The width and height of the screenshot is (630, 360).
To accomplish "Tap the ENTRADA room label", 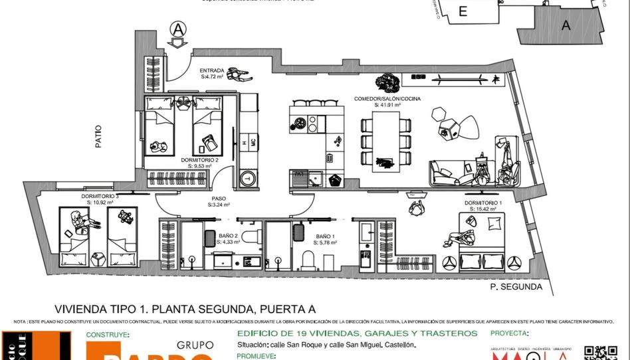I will point(213,70).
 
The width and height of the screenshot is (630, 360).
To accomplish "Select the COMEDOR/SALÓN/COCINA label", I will point(387,98).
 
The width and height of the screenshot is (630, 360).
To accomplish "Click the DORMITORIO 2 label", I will point(199,160).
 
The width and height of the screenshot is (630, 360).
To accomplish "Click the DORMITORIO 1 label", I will point(483,202).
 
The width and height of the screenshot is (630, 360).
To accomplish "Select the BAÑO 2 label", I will point(229,236).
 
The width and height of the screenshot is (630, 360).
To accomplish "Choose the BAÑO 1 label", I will point(325,236).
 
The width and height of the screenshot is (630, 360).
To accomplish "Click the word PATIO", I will point(98,136).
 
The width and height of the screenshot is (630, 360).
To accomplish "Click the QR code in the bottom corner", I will point(596,353).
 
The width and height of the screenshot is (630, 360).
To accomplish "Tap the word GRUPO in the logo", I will point(195,345).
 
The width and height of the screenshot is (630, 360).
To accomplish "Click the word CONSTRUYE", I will point(108,335).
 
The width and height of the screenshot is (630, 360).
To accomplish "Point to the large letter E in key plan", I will point(463,11).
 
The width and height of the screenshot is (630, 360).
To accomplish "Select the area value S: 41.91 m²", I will point(387,105).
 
